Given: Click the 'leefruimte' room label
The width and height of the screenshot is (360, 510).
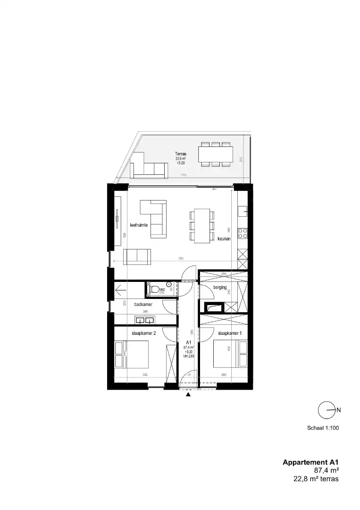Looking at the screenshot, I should pos(139,225).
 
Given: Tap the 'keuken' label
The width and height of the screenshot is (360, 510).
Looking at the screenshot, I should pos(224,239).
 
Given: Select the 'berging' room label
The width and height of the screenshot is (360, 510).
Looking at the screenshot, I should pos(220,287).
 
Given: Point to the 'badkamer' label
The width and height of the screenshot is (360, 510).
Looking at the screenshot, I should pos(143,305).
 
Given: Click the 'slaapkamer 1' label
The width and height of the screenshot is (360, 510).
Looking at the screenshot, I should pos(230,333).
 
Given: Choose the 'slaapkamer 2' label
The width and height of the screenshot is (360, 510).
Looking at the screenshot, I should pos(143,333).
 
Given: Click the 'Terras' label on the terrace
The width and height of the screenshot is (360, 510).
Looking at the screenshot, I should pos(180,154).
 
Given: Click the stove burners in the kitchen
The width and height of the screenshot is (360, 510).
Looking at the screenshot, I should pos(243,233).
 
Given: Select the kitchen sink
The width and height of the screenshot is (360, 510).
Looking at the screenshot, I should pos(243,210).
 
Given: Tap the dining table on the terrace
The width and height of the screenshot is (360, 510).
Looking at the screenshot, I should pos(216,154).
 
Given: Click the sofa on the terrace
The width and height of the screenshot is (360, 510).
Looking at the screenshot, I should pos(150,169).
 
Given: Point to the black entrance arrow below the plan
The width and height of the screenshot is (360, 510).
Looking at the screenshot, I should pos(188,394).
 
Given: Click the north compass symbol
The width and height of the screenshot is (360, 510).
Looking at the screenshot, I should pos(327,410).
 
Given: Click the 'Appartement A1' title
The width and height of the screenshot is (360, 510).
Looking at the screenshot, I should pos(310,462).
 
